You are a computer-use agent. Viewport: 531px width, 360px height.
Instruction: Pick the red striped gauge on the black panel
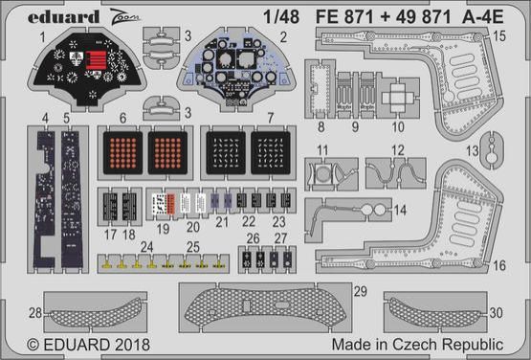pos(96,64)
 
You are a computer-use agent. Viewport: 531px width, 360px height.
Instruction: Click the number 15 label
pos(499,35)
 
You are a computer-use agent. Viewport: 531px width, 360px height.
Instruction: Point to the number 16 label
pos(500,265)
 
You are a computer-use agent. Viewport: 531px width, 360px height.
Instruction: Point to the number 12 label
pos(397,150)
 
